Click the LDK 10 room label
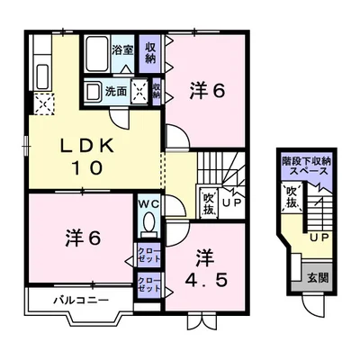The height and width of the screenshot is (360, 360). [87, 157]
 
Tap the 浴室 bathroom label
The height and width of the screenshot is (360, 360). [122, 49]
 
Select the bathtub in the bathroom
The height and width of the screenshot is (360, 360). [96, 54]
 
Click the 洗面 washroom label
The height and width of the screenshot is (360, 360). [116, 92]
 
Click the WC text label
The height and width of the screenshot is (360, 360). [148, 204]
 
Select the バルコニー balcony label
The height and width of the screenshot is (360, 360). [81, 300]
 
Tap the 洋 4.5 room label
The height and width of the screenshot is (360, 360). [205, 269]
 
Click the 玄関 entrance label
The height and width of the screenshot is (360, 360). [318, 278]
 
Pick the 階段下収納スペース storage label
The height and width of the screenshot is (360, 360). [306, 166]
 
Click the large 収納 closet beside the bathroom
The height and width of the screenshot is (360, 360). [150, 53]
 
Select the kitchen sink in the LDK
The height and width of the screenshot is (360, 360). [42, 77]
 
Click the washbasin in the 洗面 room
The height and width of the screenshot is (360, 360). [93, 91]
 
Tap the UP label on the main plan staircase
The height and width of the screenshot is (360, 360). [231, 202]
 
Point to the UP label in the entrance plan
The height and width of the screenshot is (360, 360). [319, 238]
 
